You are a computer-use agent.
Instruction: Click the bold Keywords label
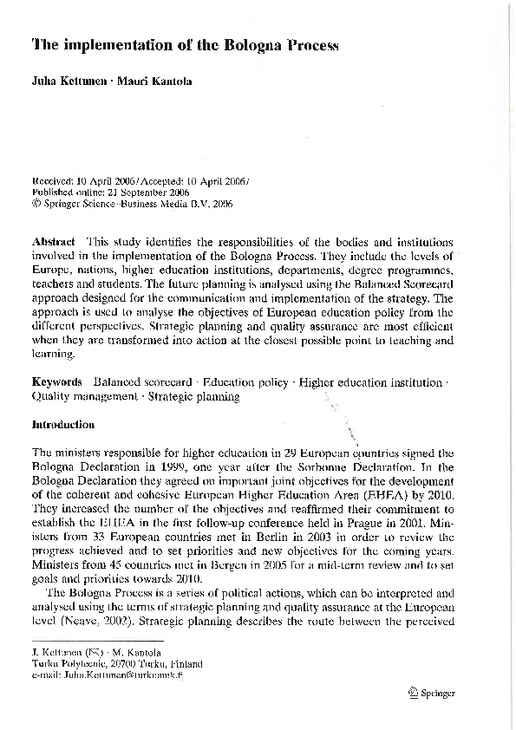click(56, 381)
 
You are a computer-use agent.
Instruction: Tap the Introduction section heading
click(62, 425)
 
